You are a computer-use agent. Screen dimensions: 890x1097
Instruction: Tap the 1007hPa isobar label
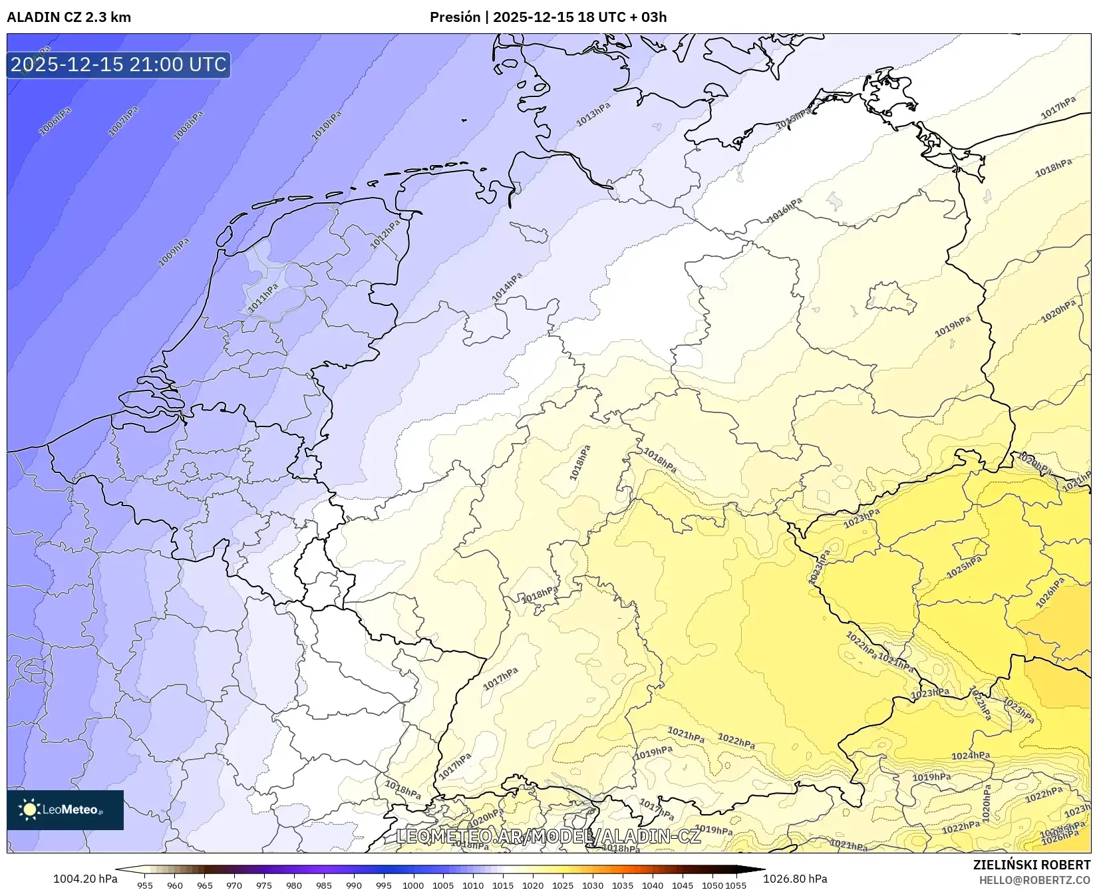click(x=123, y=121)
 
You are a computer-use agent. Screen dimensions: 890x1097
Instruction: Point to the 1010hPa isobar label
click(x=327, y=126)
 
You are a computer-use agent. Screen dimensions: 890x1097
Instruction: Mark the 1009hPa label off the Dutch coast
click(x=174, y=252)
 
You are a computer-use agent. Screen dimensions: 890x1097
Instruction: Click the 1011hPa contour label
click(x=263, y=299)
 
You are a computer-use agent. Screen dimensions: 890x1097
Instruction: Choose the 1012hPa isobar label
click(x=385, y=234)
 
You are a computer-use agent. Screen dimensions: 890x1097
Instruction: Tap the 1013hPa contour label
click(x=593, y=114)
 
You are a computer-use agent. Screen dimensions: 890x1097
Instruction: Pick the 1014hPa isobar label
click(x=507, y=289)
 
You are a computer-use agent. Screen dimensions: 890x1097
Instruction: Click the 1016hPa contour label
click(x=785, y=210)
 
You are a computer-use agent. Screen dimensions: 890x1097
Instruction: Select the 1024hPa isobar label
click(x=971, y=756)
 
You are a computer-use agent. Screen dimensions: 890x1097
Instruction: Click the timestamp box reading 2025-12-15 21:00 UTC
click(x=118, y=65)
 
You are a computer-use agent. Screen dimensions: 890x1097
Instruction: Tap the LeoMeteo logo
click(x=65, y=810)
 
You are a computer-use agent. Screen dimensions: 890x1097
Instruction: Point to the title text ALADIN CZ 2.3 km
click(x=69, y=17)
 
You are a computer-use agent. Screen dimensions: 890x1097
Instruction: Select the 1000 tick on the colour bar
click(x=413, y=885)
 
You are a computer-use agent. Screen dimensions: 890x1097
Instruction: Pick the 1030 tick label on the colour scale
click(x=593, y=885)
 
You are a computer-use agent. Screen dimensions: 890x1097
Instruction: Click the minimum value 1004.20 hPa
click(x=85, y=879)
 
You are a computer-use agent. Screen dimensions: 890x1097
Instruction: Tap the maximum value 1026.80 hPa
click(x=795, y=879)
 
